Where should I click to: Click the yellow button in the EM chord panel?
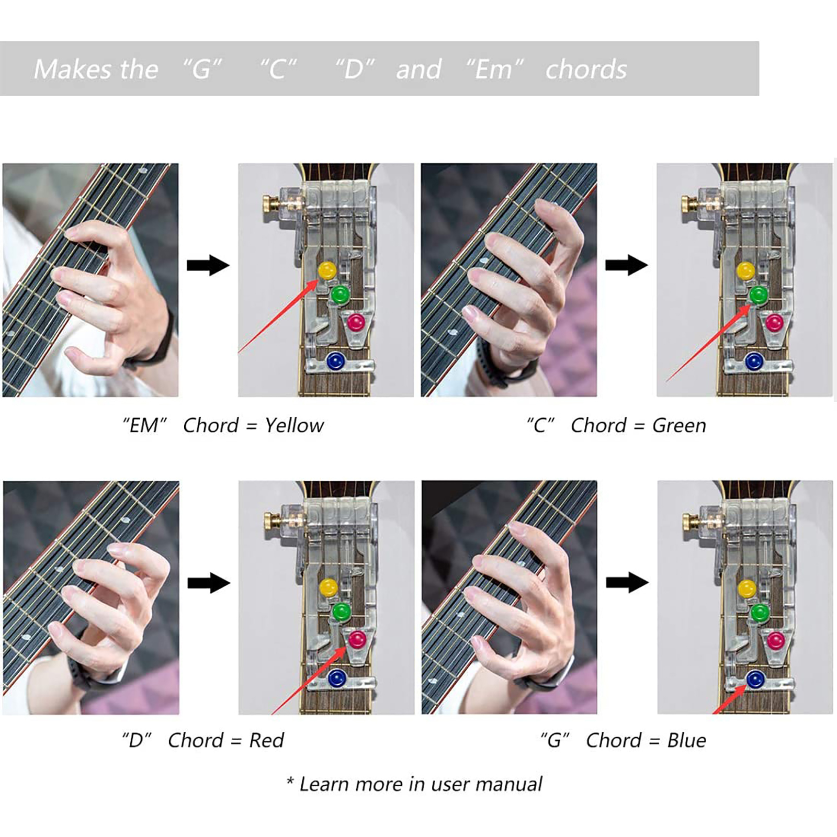pyautogui.click(x=327, y=270)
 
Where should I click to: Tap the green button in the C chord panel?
pyautogui.click(x=759, y=295)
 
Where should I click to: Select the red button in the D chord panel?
pyautogui.click(x=357, y=639)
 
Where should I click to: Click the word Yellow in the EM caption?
pyautogui.click(x=294, y=426)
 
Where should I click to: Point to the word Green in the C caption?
pyautogui.click(x=679, y=426)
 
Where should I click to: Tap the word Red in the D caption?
pyautogui.click(x=266, y=740)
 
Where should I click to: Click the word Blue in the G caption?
pyautogui.click(x=686, y=740)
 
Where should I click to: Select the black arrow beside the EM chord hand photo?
pyautogui.click(x=208, y=265)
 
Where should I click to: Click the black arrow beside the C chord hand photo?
pyautogui.click(x=627, y=265)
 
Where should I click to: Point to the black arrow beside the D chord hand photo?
pyautogui.click(x=209, y=582)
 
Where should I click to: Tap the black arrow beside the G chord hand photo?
pyautogui.click(x=627, y=582)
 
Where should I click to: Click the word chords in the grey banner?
pyautogui.click(x=586, y=70)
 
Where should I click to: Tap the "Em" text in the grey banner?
pyautogui.click(x=494, y=69)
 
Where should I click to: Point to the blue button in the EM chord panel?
pyautogui.click(x=335, y=361)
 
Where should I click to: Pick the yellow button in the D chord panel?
pyautogui.click(x=329, y=587)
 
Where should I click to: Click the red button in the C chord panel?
pyautogui.click(x=775, y=322)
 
